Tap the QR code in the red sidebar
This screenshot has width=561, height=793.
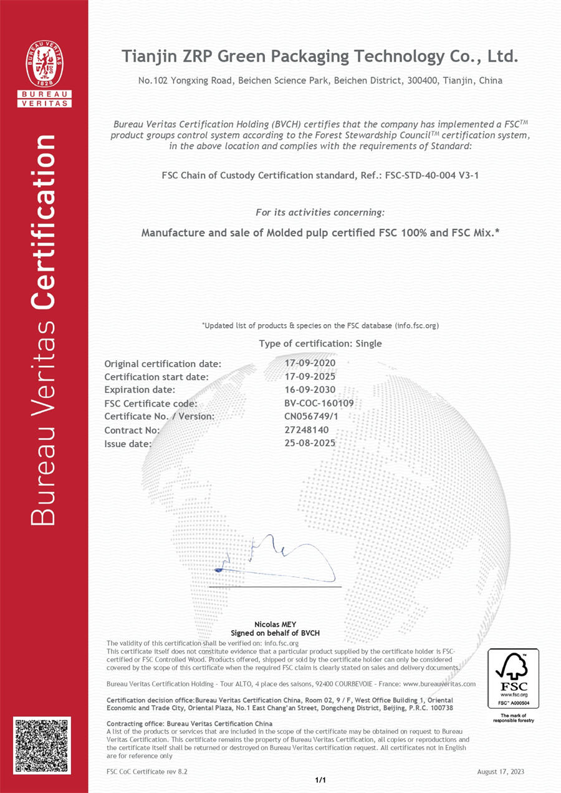pyautogui.click(x=42, y=746)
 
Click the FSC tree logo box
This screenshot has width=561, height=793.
pyautogui.click(x=512, y=677)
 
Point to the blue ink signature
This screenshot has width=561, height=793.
pyautogui.click(x=274, y=557)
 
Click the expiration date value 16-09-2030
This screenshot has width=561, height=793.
pyautogui.click(x=310, y=390)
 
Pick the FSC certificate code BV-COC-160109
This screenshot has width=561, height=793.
pyautogui.click(x=319, y=403)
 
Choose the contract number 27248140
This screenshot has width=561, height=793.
pyautogui.click(x=302, y=430)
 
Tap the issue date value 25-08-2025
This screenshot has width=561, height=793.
pyautogui.click(x=310, y=443)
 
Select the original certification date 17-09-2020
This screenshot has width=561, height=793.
pyautogui.click(x=310, y=363)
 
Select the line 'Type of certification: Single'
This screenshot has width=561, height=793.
pyautogui.click(x=320, y=344)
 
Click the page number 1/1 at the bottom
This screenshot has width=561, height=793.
pyautogui.click(x=321, y=779)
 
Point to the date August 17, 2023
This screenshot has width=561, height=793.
pyautogui.click(x=501, y=771)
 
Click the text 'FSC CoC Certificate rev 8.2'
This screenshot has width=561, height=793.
pyautogui.click(x=147, y=771)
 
